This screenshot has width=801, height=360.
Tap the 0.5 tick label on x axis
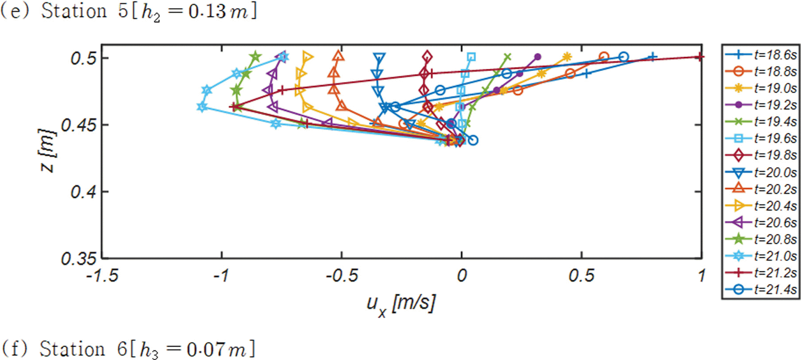click(x=581, y=275)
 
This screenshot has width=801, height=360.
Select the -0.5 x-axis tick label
click(x=341, y=275)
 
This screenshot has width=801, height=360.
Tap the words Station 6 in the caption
click(x=83, y=349)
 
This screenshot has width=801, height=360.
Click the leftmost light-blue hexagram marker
click(x=202, y=107)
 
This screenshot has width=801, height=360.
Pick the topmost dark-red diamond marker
click(x=427, y=57)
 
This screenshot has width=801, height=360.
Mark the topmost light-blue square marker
click(x=471, y=57)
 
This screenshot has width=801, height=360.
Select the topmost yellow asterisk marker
click(x=567, y=57)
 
